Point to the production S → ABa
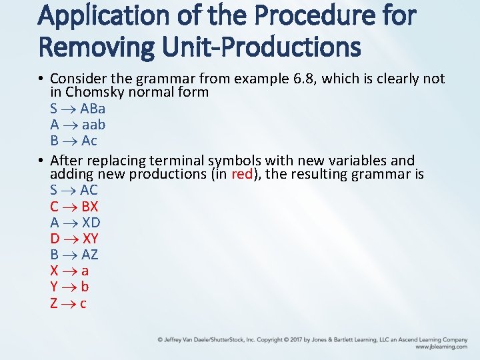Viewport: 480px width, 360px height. click(x=77, y=108)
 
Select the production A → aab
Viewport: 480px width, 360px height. click(x=77, y=125)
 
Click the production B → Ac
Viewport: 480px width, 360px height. click(x=73, y=141)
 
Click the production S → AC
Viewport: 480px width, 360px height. click(x=73, y=190)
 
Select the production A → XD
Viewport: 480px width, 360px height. click(x=75, y=222)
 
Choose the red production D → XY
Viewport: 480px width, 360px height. click(x=74, y=239)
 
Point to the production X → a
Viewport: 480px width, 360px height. click(x=69, y=271)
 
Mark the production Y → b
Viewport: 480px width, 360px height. click(x=69, y=287)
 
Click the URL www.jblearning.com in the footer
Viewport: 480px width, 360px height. click(x=441, y=347)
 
